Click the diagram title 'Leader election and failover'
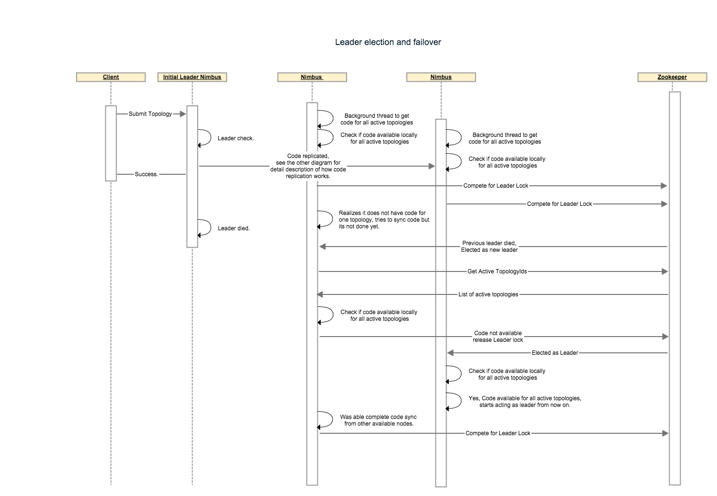click(388, 42)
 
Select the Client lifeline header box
click(111, 77)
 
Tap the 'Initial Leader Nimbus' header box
click(192, 77)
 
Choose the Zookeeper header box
click(672, 77)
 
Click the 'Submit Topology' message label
click(150, 114)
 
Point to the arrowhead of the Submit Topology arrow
click(182, 114)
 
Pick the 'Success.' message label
click(146, 174)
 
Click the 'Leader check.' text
click(235, 138)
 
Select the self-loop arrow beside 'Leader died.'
click(206, 228)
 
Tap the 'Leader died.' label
click(234, 228)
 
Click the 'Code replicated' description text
click(308, 166)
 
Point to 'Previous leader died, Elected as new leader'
click(489, 247)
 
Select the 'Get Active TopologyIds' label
click(497, 271)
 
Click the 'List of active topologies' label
click(488, 294)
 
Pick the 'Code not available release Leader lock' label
click(498, 337)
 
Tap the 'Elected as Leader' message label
click(555, 353)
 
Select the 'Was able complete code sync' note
click(379, 420)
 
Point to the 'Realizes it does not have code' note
click(383, 220)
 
